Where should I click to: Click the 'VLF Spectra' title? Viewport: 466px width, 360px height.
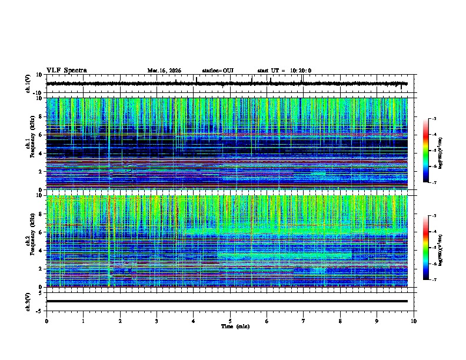pyautogui.click(x=66, y=71)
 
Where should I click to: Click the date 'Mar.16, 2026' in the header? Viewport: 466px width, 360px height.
pyautogui.click(x=164, y=71)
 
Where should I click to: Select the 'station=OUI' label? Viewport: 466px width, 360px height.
pyautogui.click(x=218, y=71)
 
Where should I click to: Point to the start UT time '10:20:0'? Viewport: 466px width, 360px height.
pyautogui.click(x=300, y=71)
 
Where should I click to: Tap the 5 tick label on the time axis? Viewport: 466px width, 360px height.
pyautogui.click(x=230, y=321)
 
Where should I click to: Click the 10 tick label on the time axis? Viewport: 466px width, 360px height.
pyautogui.click(x=414, y=321)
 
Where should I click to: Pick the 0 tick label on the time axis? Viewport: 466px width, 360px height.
pyautogui.click(x=46, y=321)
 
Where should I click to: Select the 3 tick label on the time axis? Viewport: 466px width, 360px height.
pyautogui.click(x=157, y=321)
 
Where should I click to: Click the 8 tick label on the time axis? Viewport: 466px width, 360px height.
pyautogui.click(x=341, y=321)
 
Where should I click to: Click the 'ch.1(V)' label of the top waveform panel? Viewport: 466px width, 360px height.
pyautogui.click(x=29, y=84)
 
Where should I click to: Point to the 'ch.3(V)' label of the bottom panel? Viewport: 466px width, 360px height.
pyautogui.click(x=29, y=301)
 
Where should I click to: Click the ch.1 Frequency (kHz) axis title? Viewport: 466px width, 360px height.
pyautogui.click(x=29, y=144)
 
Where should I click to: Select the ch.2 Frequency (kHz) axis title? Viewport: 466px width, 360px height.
pyautogui.click(x=29, y=241)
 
